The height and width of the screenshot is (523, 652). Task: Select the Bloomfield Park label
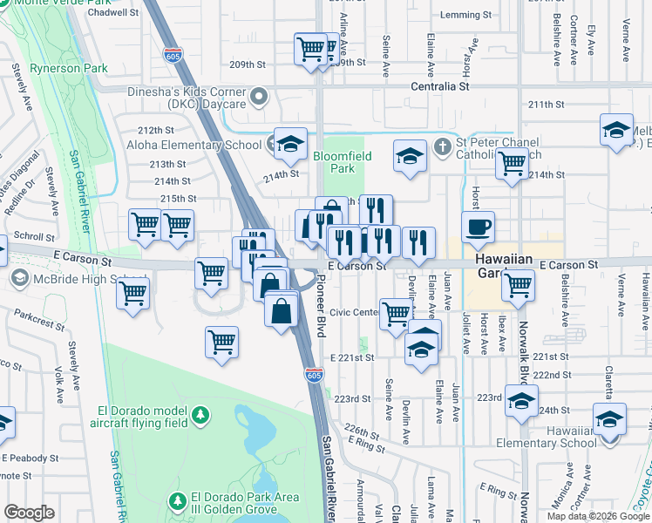[x=343, y=162]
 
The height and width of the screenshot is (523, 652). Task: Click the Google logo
[x=29, y=512]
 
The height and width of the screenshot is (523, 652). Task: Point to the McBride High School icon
[x=18, y=278]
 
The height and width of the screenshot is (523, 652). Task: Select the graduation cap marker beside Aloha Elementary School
[x=290, y=143]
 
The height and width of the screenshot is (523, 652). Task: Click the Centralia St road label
[x=440, y=87]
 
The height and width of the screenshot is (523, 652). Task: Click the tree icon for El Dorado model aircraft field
[x=201, y=413]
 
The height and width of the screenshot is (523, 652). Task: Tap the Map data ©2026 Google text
[x=597, y=515]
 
